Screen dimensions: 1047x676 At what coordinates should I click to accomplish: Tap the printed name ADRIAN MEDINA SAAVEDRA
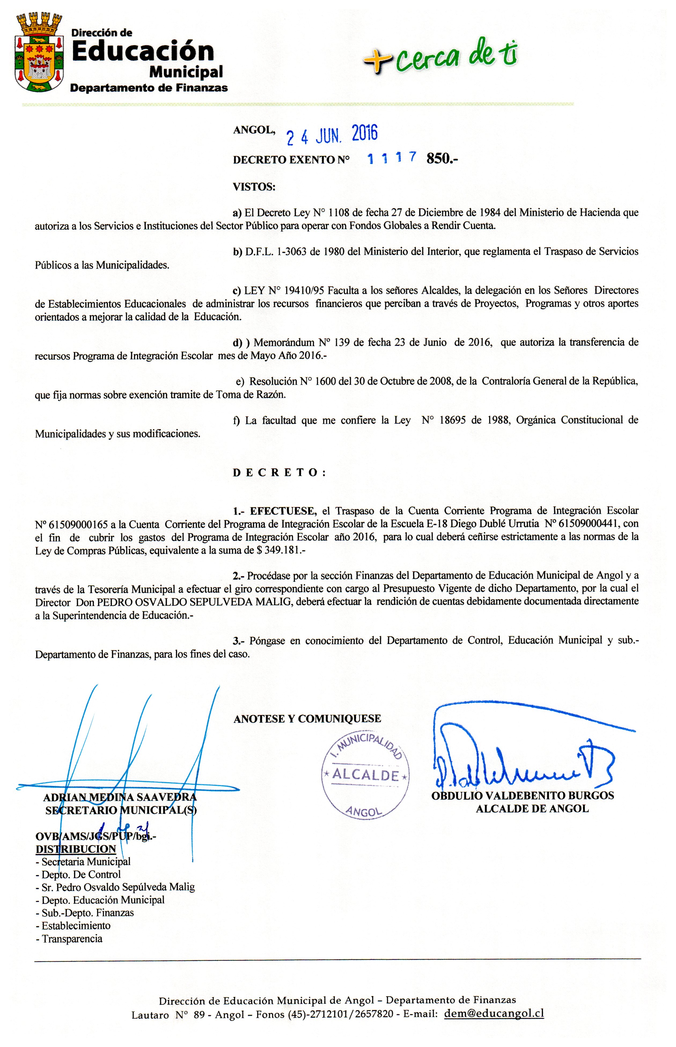click(120, 797)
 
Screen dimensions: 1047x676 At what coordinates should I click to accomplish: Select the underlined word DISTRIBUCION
click(75, 849)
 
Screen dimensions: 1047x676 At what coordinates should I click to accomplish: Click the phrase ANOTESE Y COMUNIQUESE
click(307, 719)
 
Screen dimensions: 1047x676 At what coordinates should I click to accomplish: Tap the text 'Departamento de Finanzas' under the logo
click(149, 88)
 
